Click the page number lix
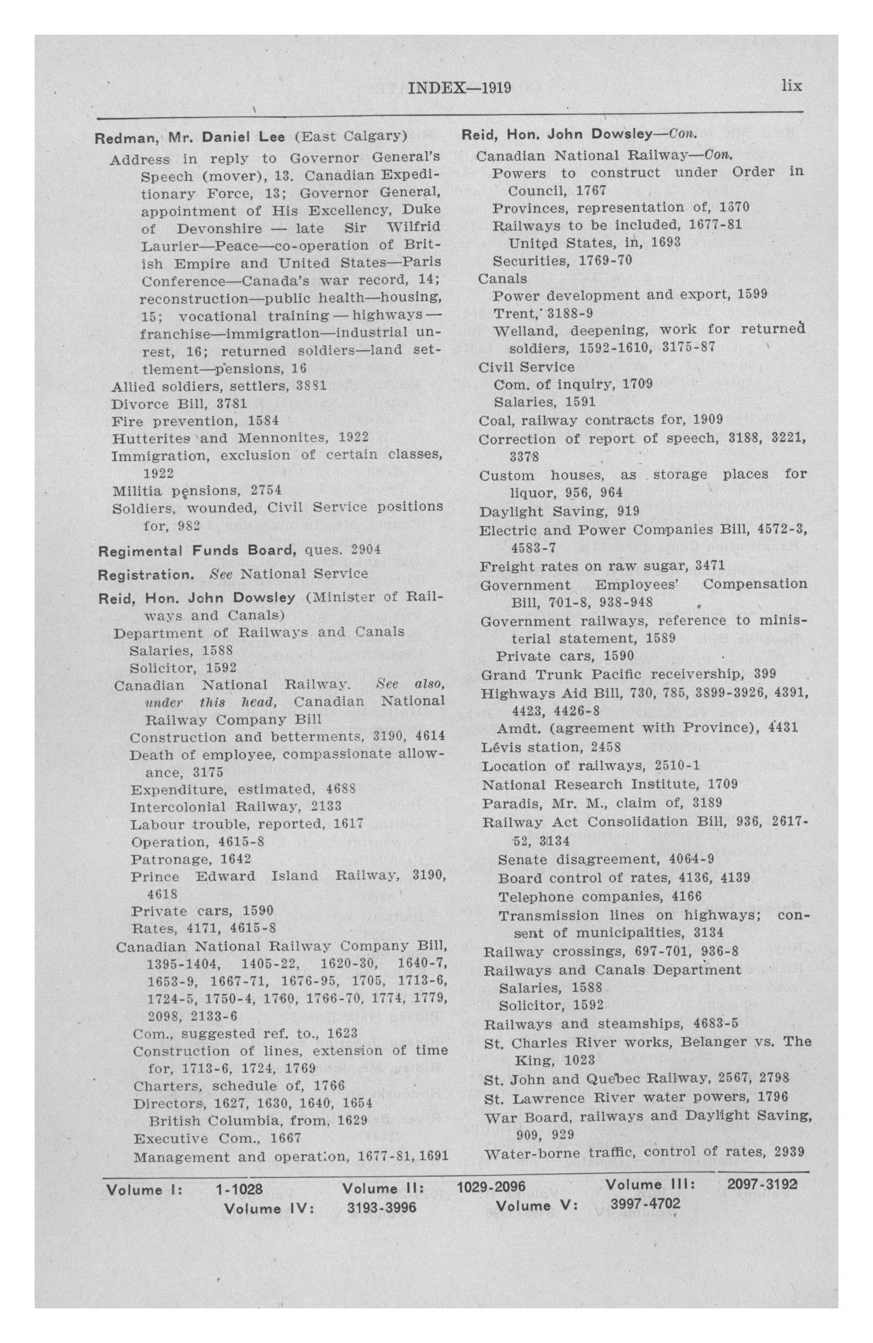point(791,86)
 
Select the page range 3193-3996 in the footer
point(381,1208)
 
